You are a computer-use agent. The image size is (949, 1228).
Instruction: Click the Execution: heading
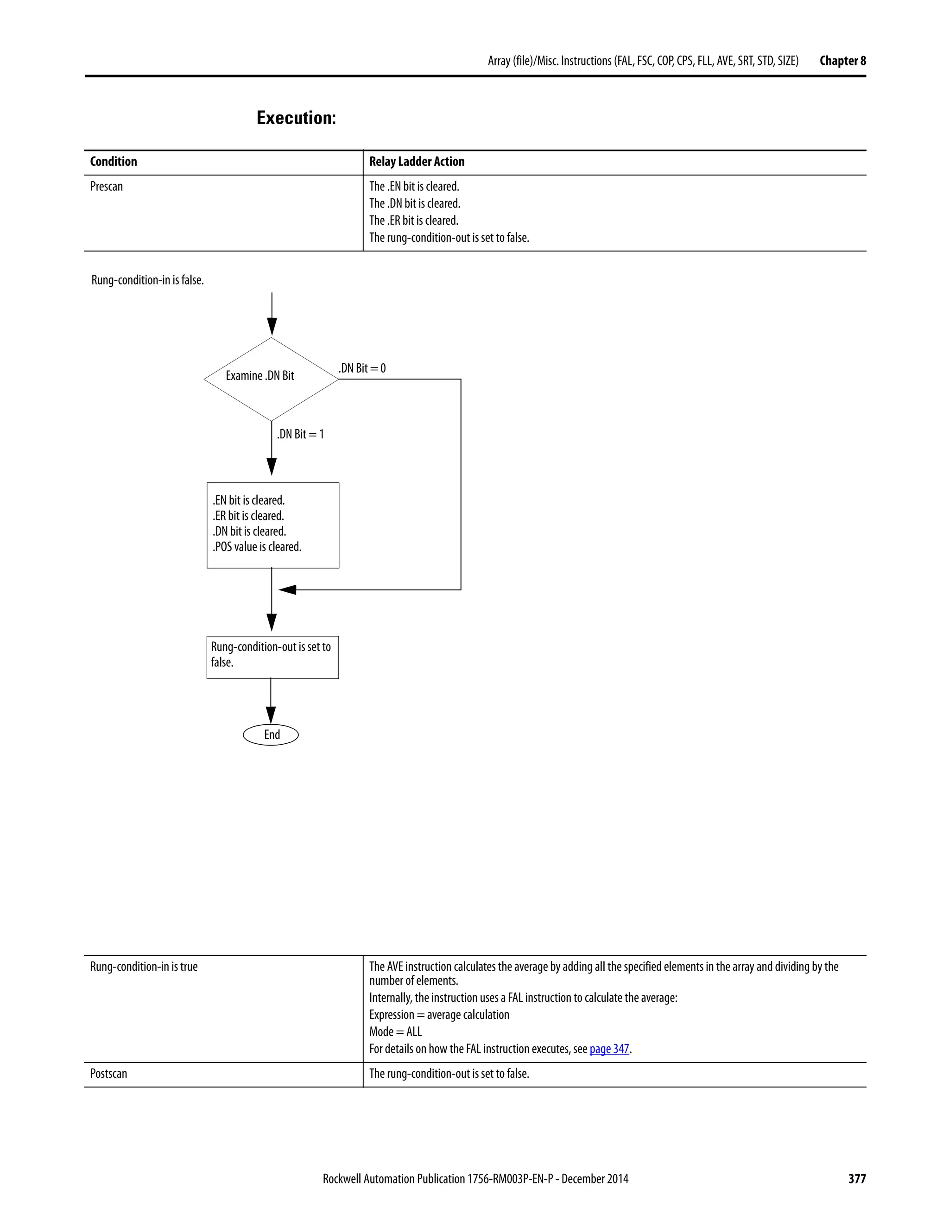pyautogui.click(x=296, y=118)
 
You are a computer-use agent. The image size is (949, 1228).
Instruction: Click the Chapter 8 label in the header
pyautogui.click(x=842, y=61)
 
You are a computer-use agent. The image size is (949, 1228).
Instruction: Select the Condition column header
pyautogui.click(x=114, y=162)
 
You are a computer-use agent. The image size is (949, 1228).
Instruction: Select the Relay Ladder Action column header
pyautogui.click(x=417, y=162)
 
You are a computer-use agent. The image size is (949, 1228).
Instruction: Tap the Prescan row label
pyautogui.click(x=106, y=187)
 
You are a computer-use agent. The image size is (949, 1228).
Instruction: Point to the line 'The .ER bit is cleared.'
pyautogui.click(x=414, y=221)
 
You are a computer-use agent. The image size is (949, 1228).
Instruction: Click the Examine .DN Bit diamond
pyautogui.click(x=271, y=379)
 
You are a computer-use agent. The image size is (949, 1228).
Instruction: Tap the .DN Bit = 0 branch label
pyautogui.click(x=362, y=368)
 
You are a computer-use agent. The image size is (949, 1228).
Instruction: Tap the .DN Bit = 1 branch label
pyautogui.click(x=300, y=434)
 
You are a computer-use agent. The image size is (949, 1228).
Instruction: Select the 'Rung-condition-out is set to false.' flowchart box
pyautogui.click(x=272, y=657)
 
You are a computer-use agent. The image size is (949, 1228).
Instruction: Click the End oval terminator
pyautogui.click(x=271, y=734)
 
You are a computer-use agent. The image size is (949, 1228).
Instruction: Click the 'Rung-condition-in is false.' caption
pyautogui.click(x=147, y=280)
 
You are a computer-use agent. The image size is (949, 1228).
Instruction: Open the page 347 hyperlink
pyautogui.click(x=609, y=1049)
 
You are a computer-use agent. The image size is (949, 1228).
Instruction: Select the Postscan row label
pyautogui.click(x=108, y=1073)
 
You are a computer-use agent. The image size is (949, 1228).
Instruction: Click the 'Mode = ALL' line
pyautogui.click(x=395, y=1032)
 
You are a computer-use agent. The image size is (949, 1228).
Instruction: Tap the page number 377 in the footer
pyautogui.click(x=857, y=1178)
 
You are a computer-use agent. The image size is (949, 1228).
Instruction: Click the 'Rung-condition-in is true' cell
pyautogui.click(x=144, y=967)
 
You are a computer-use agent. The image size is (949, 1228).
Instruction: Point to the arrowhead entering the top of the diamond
pyautogui.click(x=272, y=327)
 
